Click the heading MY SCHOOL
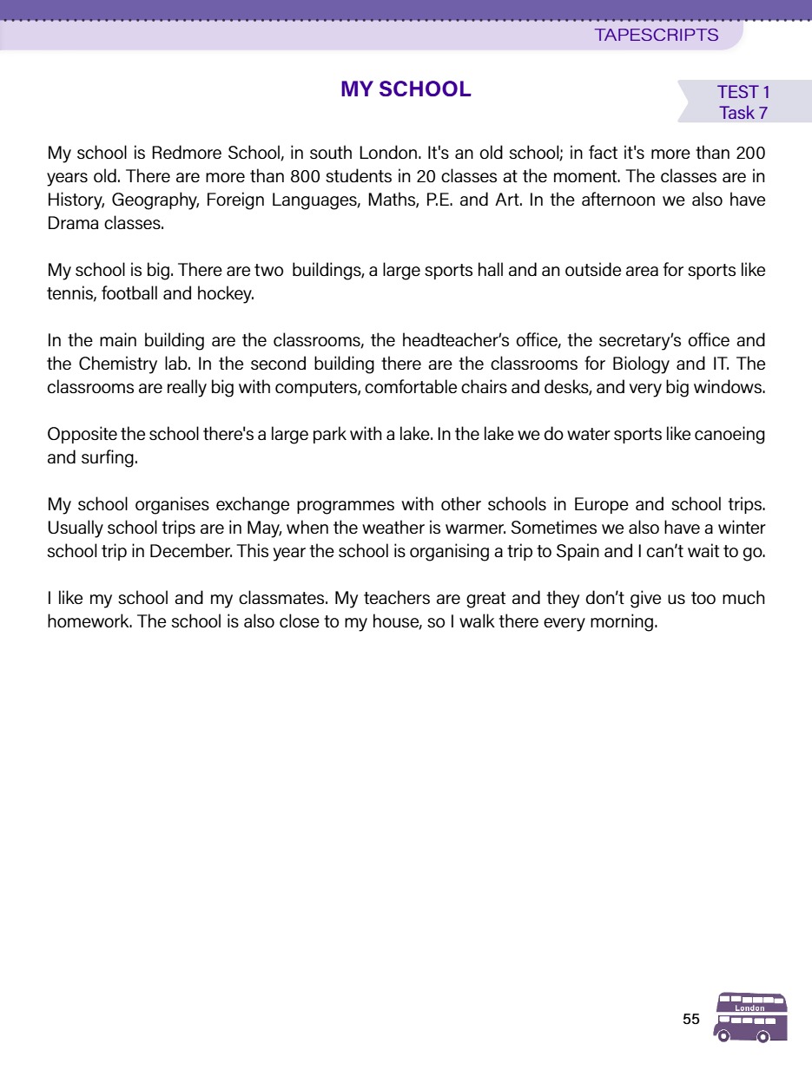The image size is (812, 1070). [x=406, y=89]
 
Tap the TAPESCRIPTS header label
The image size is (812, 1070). [x=657, y=36]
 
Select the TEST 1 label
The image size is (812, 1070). [x=743, y=93]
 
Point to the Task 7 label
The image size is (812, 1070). [x=743, y=113]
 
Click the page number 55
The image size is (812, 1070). [x=691, y=1020]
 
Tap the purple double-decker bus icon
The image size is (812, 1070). [x=751, y=1017]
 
